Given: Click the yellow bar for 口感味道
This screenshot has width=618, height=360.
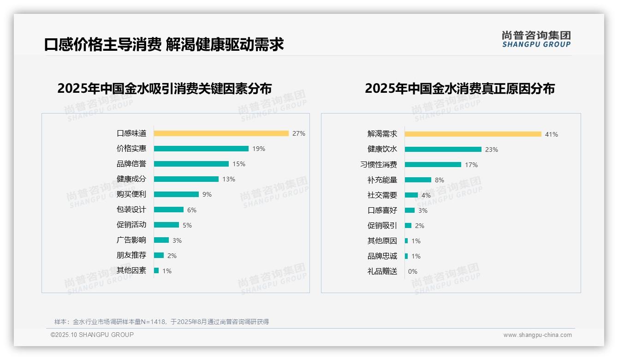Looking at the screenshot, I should [x=221, y=133].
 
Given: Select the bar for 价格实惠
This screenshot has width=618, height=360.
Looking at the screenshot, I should [x=201, y=149].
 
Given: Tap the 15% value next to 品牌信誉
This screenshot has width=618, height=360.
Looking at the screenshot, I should [x=239, y=164].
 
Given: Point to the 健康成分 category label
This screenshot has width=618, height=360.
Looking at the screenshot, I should [x=131, y=179].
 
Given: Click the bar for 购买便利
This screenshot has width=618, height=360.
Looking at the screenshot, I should [x=176, y=194].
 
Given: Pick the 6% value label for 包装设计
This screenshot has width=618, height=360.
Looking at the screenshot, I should [x=192, y=210].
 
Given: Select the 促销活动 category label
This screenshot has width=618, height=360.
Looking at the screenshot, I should [x=131, y=225].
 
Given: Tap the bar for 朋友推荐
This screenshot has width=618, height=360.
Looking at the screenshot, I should [x=159, y=255].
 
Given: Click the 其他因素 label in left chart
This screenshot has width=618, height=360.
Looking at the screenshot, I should [x=131, y=270].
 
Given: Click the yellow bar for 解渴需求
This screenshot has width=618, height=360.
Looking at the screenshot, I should [x=473, y=134].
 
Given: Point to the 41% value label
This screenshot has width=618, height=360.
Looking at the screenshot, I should [x=552, y=134].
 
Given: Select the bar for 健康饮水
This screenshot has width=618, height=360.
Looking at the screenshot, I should [x=443, y=150].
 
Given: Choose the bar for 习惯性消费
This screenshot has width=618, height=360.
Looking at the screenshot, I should [x=433, y=165].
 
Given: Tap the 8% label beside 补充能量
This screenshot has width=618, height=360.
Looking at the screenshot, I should [x=440, y=180].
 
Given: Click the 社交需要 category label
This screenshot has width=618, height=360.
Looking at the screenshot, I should [x=382, y=195].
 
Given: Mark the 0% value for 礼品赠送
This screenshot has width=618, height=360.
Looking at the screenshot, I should [x=413, y=271].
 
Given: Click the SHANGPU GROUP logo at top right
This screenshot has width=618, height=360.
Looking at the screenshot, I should [x=536, y=39].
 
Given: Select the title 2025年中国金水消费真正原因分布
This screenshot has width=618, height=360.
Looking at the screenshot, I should [x=460, y=88].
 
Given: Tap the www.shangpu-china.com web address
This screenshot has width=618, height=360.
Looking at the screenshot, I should [x=537, y=335].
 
